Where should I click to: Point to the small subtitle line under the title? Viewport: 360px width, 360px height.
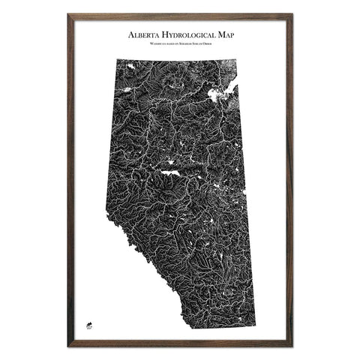(x=180, y=46)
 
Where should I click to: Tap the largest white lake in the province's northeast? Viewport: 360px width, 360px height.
(x=220, y=95)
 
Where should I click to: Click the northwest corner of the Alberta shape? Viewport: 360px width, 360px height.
(x=117, y=57)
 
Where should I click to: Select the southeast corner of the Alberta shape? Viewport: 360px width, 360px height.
(x=255, y=327)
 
